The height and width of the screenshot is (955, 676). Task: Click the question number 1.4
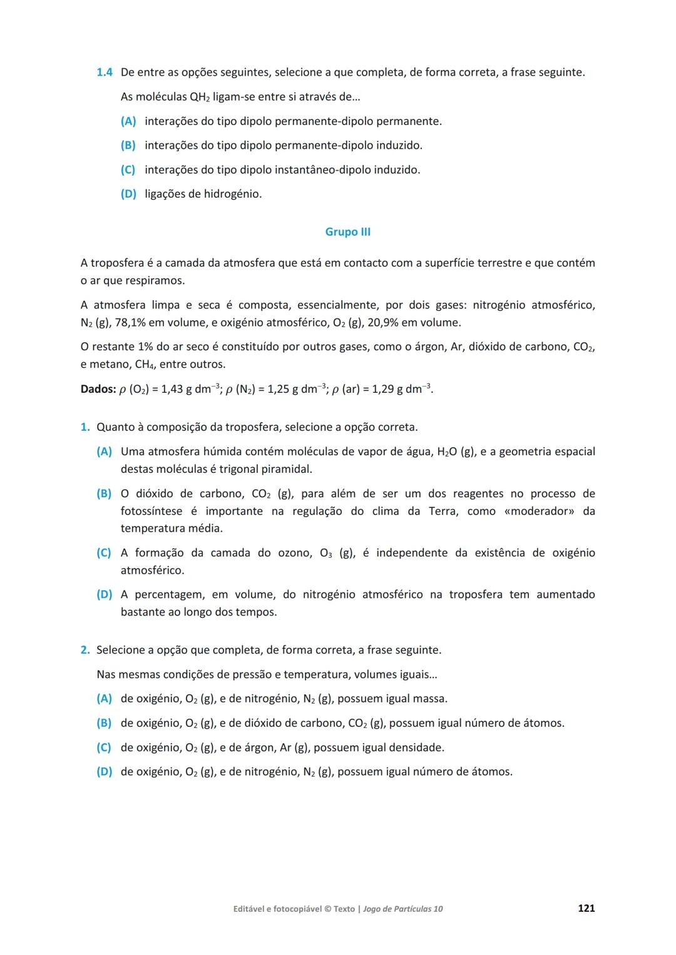pyautogui.click(x=104, y=73)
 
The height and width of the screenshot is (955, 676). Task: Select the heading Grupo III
pyautogui.click(x=347, y=232)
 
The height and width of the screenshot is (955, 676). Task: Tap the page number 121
pyautogui.click(x=586, y=908)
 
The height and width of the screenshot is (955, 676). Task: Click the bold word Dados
pyautogui.click(x=98, y=389)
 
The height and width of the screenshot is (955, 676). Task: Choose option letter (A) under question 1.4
pyautogui.click(x=128, y=121)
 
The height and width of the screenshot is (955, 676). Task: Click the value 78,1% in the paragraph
pyautogui.click(x=130, y=323)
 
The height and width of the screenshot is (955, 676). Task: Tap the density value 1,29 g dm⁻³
pyautogui.click(x=402, y=389)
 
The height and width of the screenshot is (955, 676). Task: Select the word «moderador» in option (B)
pyautogui.click(x=539, y=511)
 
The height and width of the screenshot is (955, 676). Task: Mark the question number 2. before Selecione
pyautogui.click(x=85, y=650)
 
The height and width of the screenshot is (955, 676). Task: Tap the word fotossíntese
pyautogui.click(x=151, y=511)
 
